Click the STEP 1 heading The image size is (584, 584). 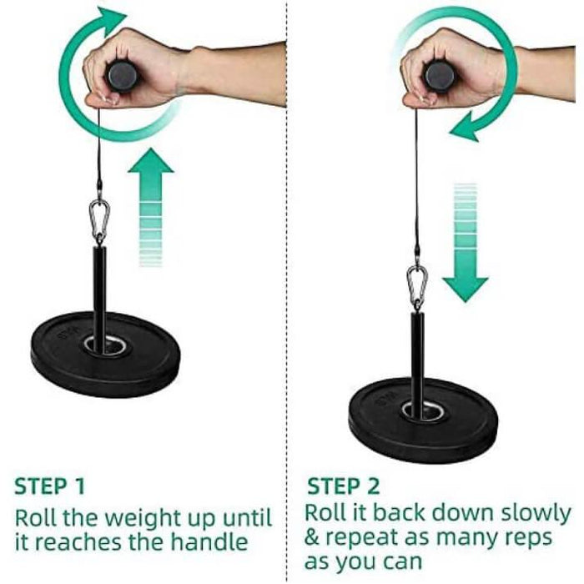tap(49, 486)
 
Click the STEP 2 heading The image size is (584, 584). tap(344, 486)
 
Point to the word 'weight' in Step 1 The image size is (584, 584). tap(140, 518)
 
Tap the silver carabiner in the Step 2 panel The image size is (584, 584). tap(417, 286)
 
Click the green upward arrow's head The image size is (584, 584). tap(150, 161)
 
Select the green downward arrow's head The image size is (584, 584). tap(466, 289)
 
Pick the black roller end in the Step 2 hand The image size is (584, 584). tap(440, 76)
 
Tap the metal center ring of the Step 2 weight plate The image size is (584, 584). tap(422, 411)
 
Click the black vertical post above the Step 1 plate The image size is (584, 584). tap(99, 298)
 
